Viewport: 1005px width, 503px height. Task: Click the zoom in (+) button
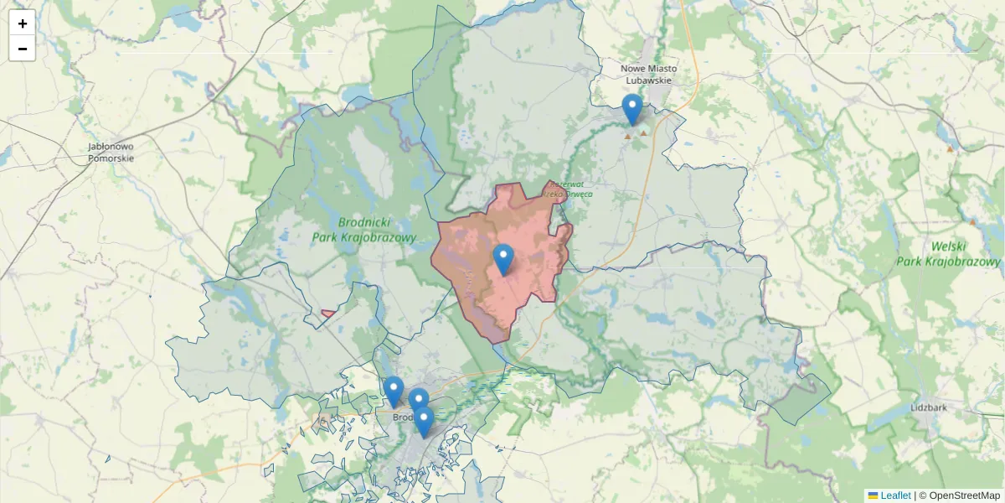coord(22,23)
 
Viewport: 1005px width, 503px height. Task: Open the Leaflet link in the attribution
coord(895,495)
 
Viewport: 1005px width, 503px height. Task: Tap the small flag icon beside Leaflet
coord(873,495)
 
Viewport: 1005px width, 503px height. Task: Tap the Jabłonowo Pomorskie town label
coord(111,152)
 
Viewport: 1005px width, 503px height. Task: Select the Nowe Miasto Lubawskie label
coord(648,75)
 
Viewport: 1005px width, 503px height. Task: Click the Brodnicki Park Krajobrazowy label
coord(363,230)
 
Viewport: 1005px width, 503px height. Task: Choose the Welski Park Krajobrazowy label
coord(948,254)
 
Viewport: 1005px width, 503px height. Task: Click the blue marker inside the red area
coord(503,259)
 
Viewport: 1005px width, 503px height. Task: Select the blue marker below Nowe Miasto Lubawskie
coord(632,109)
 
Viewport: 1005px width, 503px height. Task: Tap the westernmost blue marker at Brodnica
coord(394,392)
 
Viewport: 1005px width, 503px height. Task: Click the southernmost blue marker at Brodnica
coord(424,422)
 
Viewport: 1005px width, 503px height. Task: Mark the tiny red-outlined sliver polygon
coord(328,314)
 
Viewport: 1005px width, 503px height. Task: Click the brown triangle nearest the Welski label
coord(972,222)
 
